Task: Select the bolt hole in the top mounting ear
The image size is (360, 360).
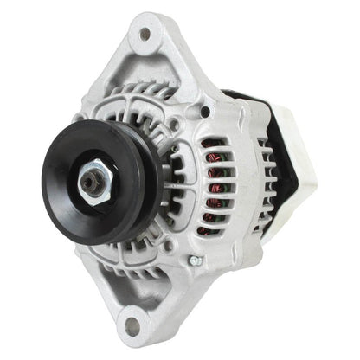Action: pyautogui.click(x=145, y=35)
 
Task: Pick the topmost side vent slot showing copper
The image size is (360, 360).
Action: pyautogui.click(x=213, y=143)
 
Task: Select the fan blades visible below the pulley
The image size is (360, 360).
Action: pyautogui.click(x=138, y=251)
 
